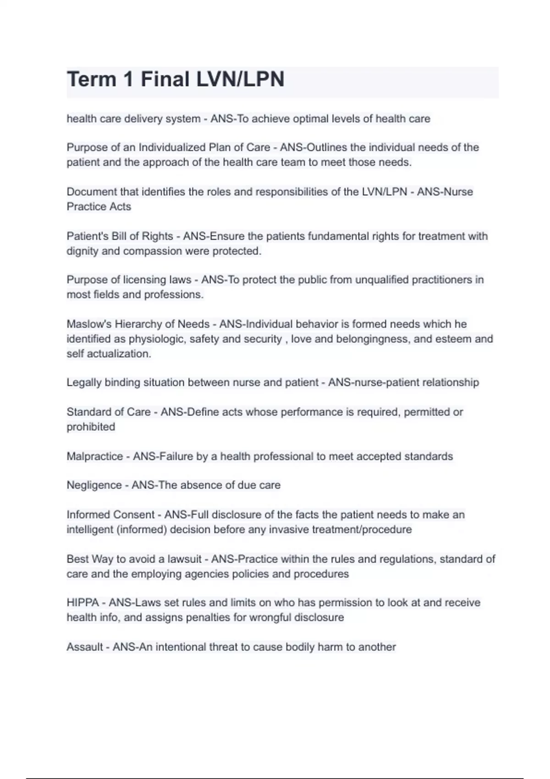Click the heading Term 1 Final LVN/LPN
click(x=176, y=79)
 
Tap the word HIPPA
click(x=82, y=603)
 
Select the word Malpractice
click(x=95, y=456)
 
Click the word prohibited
click(x=91, y=427)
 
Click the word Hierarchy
click(x=137, y=324)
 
